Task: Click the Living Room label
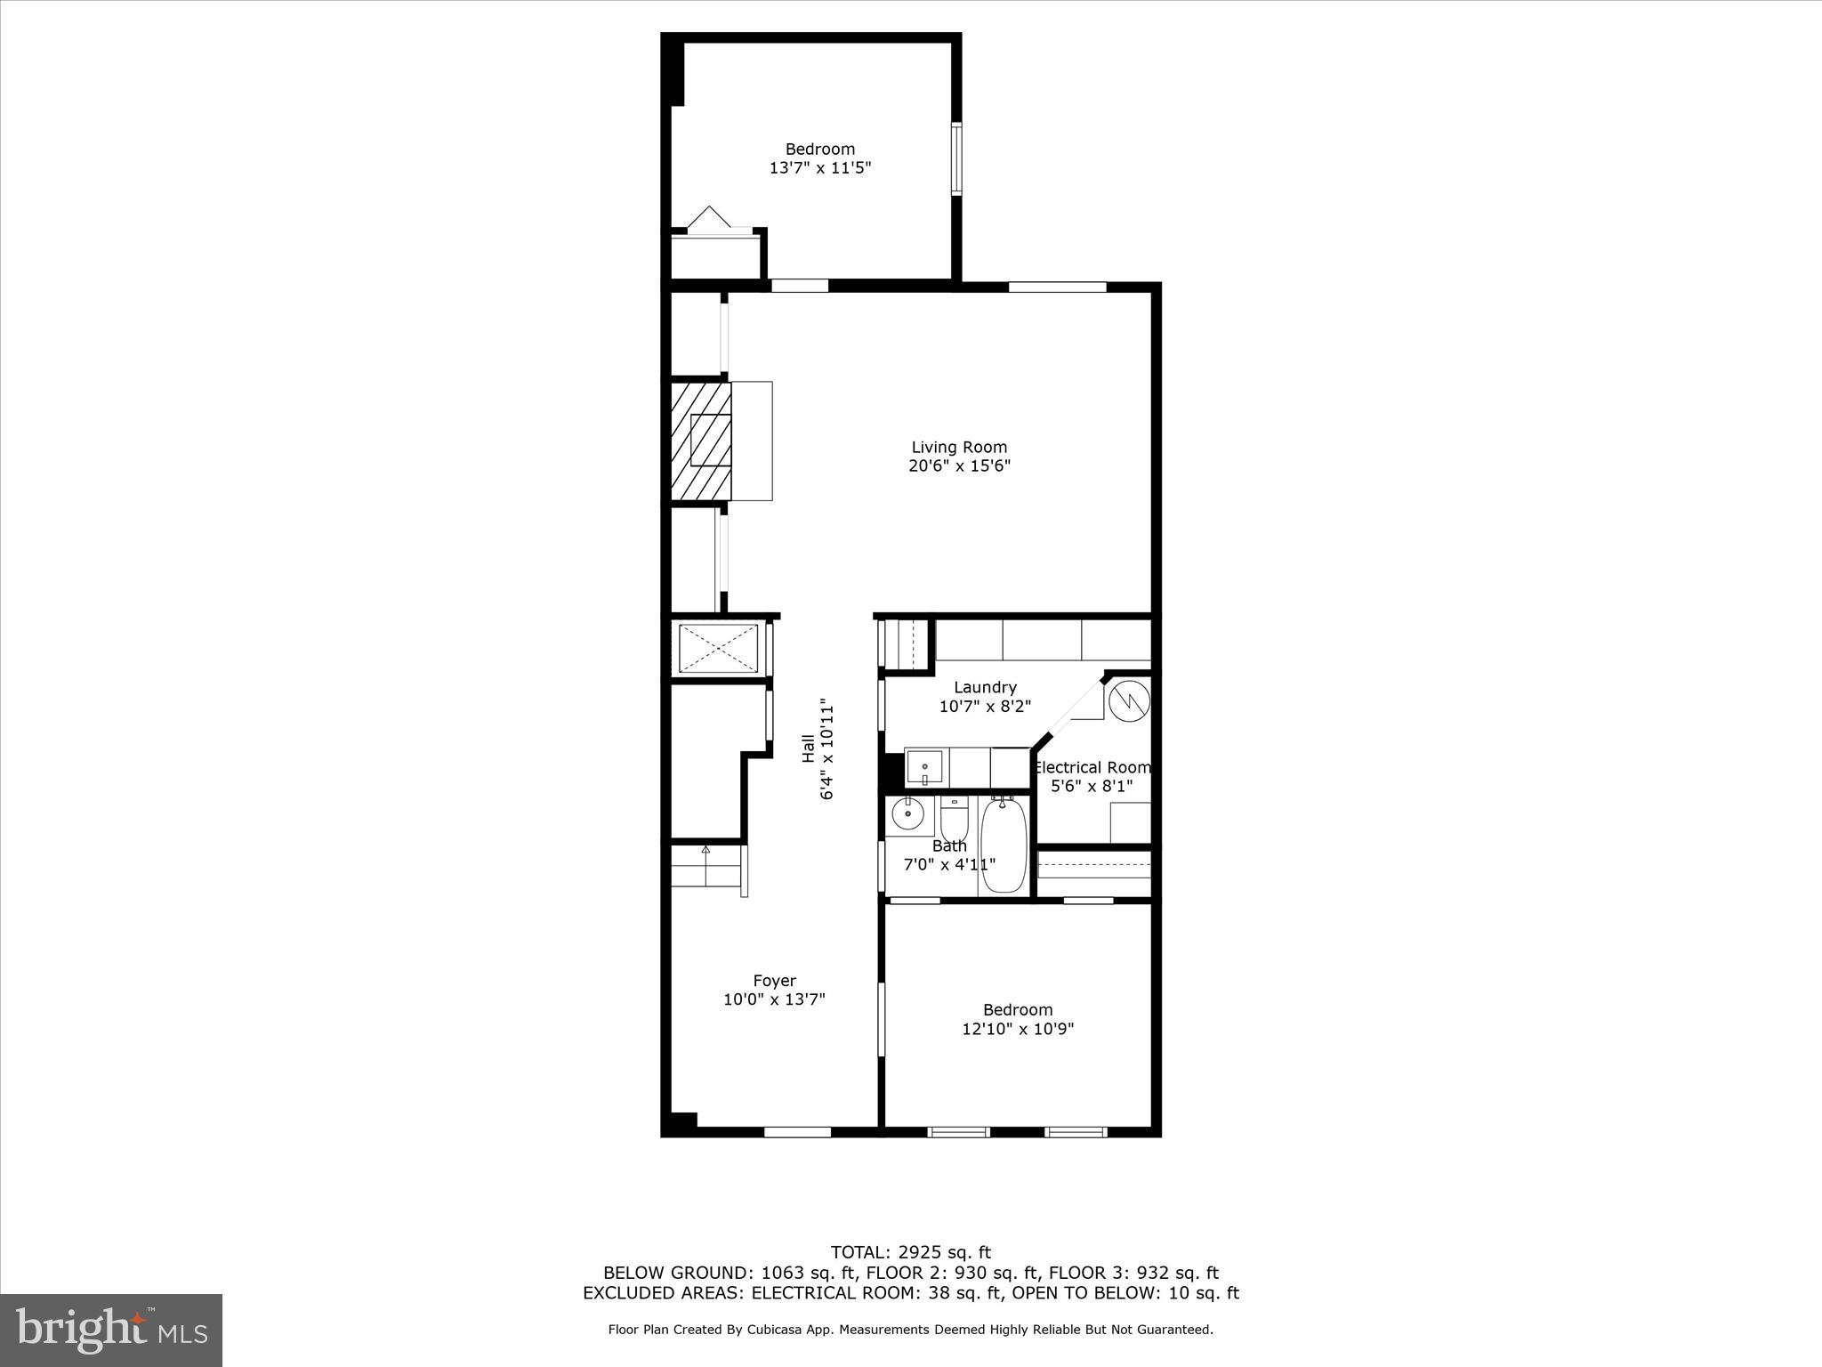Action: (959, 448)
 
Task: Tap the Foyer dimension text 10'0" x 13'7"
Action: (774, 999)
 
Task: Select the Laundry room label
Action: (985, 687)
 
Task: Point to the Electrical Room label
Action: (1092, 767)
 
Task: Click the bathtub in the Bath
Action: (1004, 845)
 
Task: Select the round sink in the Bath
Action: (908, 813)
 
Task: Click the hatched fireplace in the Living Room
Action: (700, 441)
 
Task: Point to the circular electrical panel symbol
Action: (1130, 700)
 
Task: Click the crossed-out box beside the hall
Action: (718, 648)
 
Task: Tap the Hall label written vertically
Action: (808, 748)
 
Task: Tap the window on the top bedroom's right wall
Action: (956, 158)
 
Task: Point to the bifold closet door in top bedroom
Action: (710, 220)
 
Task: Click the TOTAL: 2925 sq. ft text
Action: (910, 1253)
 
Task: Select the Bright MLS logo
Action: (111, 1330)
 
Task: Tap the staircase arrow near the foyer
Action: (705, 851)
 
